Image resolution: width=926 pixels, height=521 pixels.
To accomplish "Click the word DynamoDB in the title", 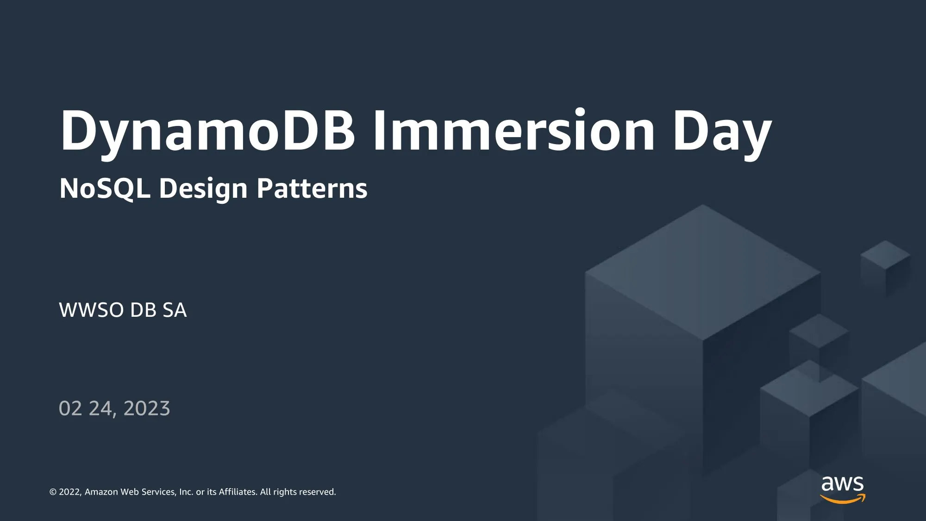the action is pos(207,132).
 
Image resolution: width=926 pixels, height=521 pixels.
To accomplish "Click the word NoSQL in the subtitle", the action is pos(105,189).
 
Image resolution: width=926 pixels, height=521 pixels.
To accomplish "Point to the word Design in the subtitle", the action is pos(203,189).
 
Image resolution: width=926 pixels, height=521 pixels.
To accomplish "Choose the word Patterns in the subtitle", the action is pos(312,188).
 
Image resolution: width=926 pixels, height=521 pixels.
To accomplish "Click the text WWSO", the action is pos(91,310).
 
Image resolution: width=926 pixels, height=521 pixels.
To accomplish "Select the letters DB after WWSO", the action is pos(144,310).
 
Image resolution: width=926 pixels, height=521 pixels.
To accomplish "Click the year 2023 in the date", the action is pos(147,408).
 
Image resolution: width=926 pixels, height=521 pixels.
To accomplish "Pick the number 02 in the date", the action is pos(70,408).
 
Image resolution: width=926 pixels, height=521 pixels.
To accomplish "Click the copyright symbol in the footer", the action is pos(53,492).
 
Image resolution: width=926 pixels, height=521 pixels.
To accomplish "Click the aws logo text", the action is pos(842,484).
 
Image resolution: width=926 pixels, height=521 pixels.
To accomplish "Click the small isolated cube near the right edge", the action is pos(886,268).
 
